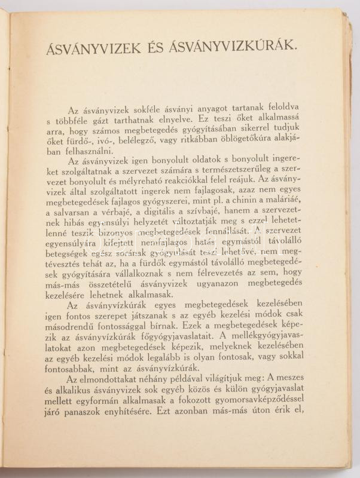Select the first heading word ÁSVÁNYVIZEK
click(95, 47)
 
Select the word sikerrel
click(272, 130)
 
